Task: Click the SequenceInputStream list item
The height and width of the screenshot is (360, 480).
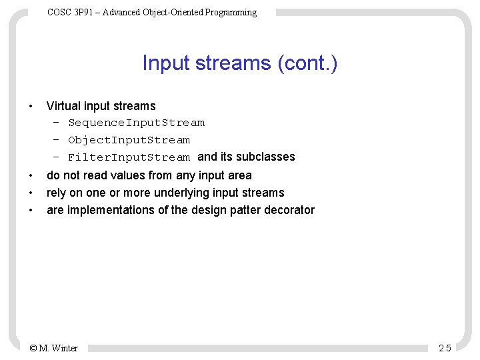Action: click(x=137, y=123)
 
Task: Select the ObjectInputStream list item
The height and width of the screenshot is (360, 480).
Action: click(x=129, y=140)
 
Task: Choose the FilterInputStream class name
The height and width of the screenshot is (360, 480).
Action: click(x=129, y=157)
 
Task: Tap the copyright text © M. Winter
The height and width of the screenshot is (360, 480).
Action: click(x=54, y=348)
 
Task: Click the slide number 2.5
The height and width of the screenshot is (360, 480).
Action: click(x=445, y=348)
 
